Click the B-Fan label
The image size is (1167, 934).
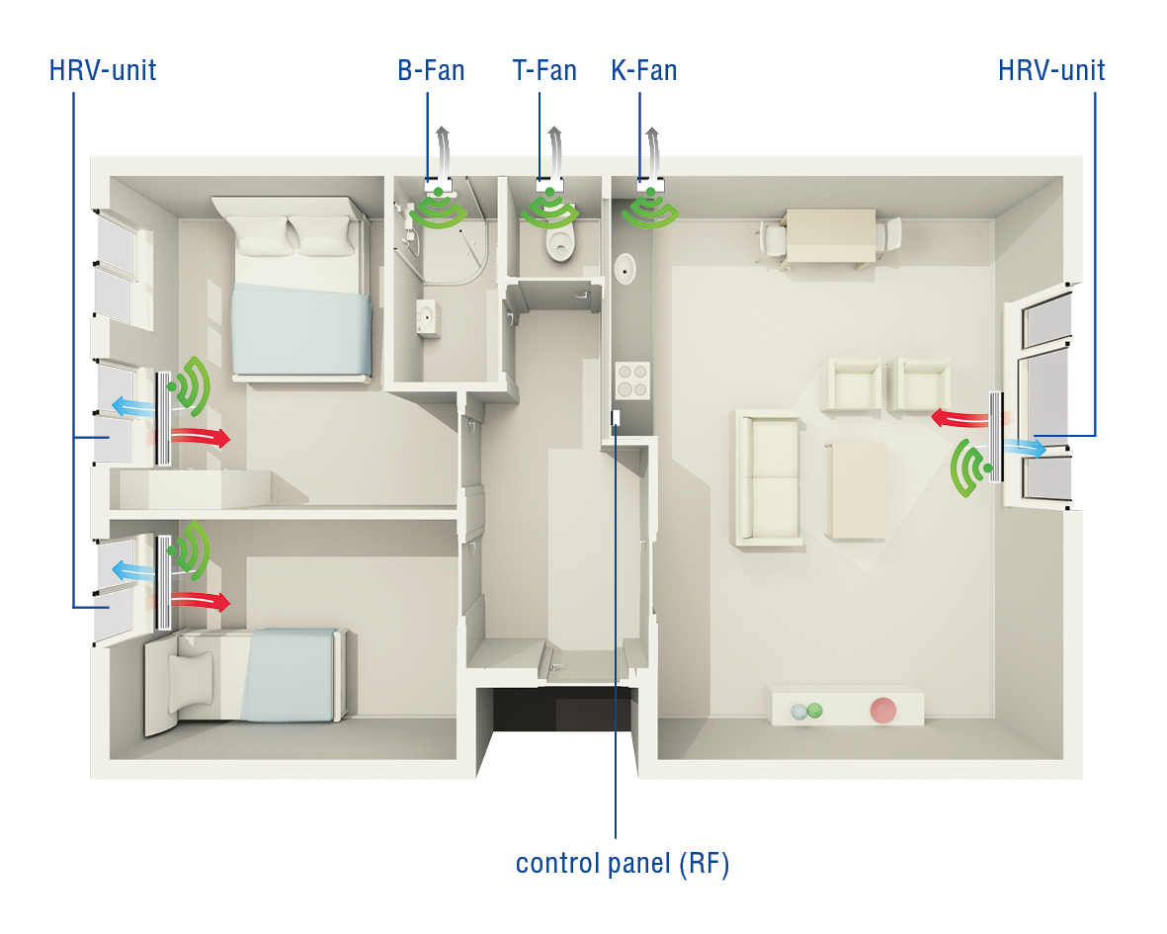(431, 71)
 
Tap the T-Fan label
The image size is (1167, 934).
(544, 71)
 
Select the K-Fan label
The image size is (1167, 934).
(644, 71)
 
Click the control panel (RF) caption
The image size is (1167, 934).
(623, 864)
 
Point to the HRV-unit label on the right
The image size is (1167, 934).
(1051, 71)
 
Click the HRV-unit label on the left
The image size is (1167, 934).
(103, 71)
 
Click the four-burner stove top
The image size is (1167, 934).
(632, 381)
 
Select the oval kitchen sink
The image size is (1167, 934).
(625, 269)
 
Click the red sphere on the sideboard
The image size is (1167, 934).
(882, 710)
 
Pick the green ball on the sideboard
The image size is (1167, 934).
(815, 710)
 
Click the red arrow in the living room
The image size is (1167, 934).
(959, 418)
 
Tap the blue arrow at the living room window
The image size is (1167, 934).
(1025, 448)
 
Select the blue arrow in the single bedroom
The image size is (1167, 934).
(134, 571)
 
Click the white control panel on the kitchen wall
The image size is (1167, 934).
(616, 417)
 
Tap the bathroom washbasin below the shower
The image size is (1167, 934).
(428, 317)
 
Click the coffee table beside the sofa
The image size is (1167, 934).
(856, 491)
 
